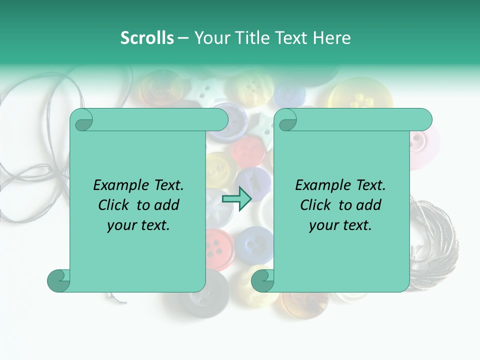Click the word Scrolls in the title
(147, 38)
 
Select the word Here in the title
(331, 38)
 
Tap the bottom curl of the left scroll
(58, 280)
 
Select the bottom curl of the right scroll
(262, 280)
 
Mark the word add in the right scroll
(369, 205)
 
